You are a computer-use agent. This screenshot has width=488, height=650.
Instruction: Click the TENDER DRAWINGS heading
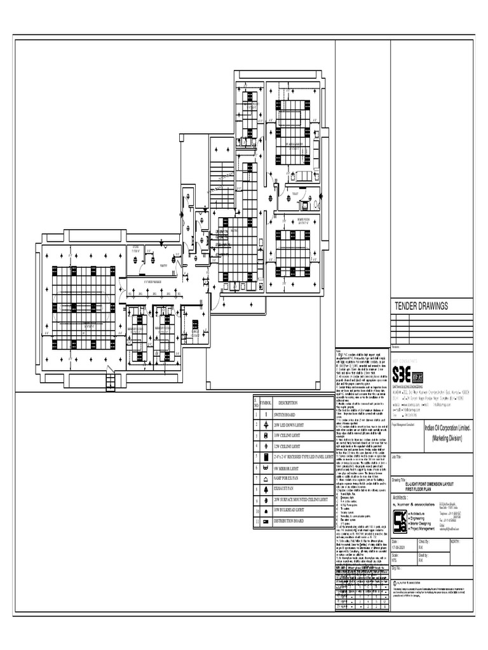pos(421,306)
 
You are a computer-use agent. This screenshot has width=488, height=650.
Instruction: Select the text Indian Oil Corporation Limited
pos(448,430)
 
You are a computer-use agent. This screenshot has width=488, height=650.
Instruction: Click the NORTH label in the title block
pos(456,542)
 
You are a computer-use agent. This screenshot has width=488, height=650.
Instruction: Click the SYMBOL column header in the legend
pos(266,403)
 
